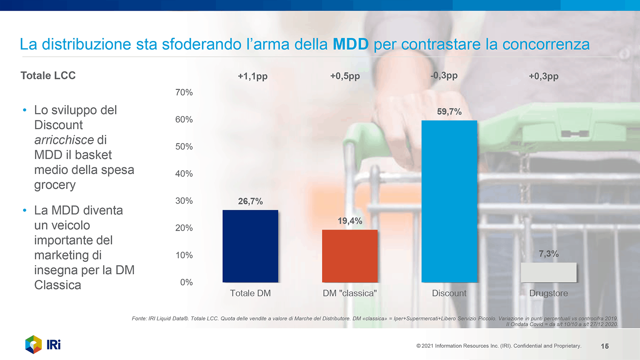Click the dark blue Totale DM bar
point(250,246)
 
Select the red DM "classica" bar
point(349,256)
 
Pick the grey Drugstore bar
point(548,272)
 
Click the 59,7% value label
point(449,112)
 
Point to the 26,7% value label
point(250,201)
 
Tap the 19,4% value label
point(349,221)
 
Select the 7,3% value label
point(548,254)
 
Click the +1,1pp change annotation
point(252,76)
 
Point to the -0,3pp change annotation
point(444,76)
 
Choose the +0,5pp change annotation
point(345,76)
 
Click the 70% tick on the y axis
point(184,93)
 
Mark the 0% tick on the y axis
point(186,282)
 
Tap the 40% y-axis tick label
point(184,174)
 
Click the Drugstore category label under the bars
point(548,293)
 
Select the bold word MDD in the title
point(350,44)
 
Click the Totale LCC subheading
point(48,75)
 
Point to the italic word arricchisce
point(64,140)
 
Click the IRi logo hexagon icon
point(33,345)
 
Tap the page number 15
point(605,346)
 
